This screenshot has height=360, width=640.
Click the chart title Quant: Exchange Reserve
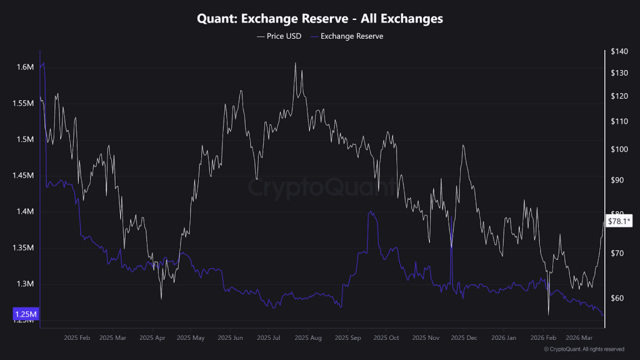coord(320,19)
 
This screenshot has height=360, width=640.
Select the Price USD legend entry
coord(279,36)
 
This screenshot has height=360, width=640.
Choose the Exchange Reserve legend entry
coord(347,36)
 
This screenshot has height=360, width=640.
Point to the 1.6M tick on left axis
coord(25,67)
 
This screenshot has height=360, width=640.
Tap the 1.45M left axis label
coord(23,176)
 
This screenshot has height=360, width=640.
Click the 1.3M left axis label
coord(25,284)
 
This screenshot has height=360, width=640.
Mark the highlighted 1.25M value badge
coord(26,314)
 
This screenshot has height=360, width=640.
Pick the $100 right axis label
coord(618,149)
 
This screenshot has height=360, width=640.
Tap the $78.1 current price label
coord(620,221)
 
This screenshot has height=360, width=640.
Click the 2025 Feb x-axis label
coord(77,338)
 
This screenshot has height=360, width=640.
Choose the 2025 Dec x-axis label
coord(464,338)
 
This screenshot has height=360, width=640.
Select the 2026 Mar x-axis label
coord(579,338)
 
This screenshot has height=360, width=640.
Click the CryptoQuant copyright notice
coord(584,349)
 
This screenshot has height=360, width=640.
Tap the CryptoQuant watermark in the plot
coord(320,186)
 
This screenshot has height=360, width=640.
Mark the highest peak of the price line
coord(295,63)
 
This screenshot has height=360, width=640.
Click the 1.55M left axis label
coord(23,103)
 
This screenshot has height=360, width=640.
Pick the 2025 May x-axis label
coord(191,338)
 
